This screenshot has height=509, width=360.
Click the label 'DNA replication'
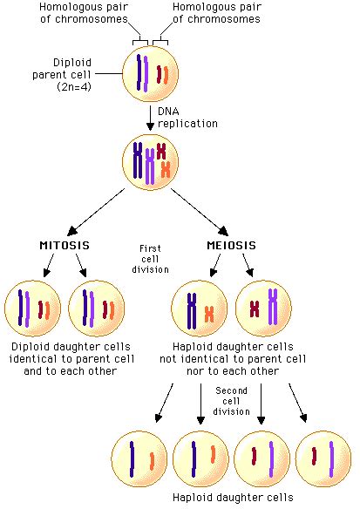click(187, 118)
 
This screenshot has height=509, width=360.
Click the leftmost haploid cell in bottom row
click(140, 458)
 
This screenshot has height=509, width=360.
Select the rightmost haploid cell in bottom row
click(323, 458)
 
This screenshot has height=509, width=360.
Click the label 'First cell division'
click(150, 259)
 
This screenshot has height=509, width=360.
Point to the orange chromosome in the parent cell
click(166, 74)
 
